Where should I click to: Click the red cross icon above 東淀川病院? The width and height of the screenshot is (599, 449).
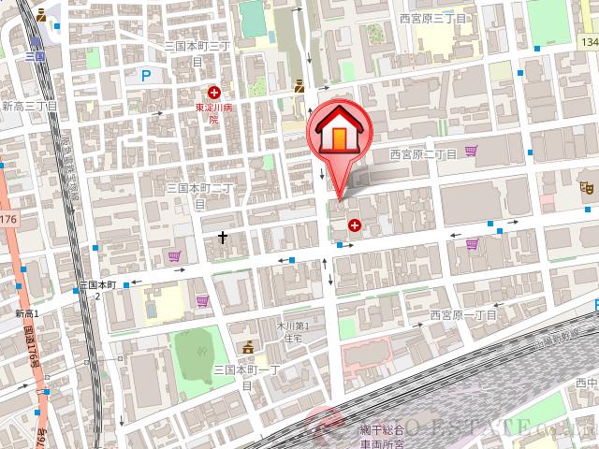pyautogui.click(x=214, y=92)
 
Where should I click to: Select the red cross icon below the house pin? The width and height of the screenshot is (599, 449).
pyautogui.click(x=355, y=224)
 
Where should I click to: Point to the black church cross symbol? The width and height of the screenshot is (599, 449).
pyautogui.click(x=223, y=238)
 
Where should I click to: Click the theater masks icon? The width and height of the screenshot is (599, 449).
pyautogui.click(x=588, y=188)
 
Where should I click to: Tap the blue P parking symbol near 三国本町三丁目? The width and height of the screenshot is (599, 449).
pyautogui.click(x=146, y=76)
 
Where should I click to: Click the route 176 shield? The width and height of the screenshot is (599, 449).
pyautogui.click(x=8, y=219)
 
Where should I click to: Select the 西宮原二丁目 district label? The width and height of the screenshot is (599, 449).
pyautogui.click(x=423, y=153)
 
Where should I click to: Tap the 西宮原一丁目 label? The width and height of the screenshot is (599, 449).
pyautogui.click(x=464, y=315)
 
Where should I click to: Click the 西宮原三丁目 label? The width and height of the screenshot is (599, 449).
pyautogui.click(x=432, y=18)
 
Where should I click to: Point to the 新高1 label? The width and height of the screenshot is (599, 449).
pyautogui.click(x=26, y=314)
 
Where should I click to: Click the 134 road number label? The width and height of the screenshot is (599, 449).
pyautogui.click(x=588, y=43)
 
